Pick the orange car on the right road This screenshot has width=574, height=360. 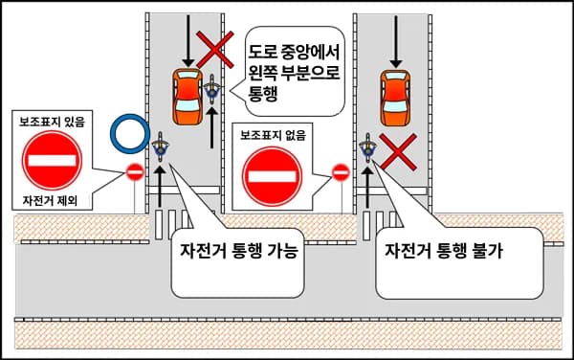[395, 96]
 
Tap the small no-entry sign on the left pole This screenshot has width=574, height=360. [135, 172]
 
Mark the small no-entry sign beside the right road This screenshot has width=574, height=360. [340, 172]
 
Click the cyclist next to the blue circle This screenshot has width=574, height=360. [160, 147]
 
